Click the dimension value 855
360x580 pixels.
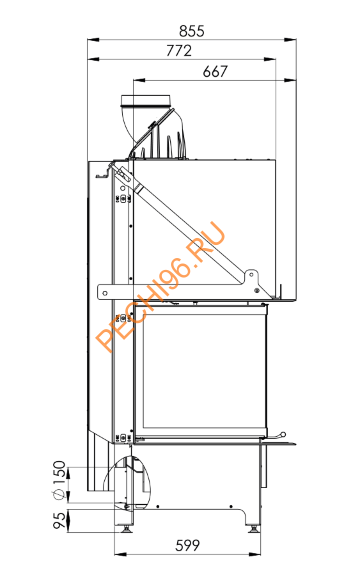pyautogui.click(x=189, y=31)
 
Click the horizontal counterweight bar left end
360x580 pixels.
pyautogui.click(x=101, y=291)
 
